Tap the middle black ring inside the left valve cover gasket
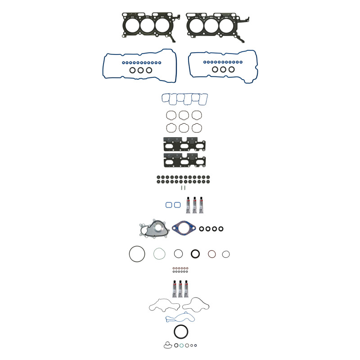click(x=141, y=70)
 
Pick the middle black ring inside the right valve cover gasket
click(x=223, y=70)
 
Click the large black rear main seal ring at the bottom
click(x=181, y=333)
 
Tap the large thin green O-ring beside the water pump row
click(x=159, y=254)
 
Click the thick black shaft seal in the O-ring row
click(x=196, y=254)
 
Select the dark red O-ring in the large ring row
click(x=211, y=254)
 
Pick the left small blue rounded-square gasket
click(x=169, y=205)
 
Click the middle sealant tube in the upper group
click(x=195, y=205)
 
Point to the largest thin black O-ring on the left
click(x=137, y=254)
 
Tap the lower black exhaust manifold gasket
click(x=184, y=161)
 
